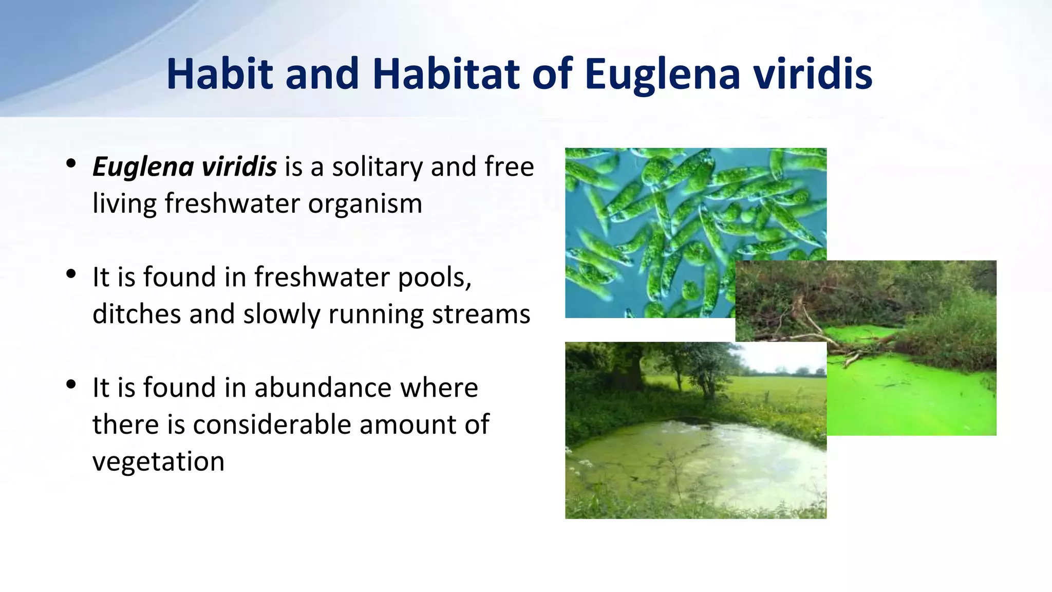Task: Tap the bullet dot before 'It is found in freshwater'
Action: [x=71, y=273]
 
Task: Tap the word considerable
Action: [x=272, y=424]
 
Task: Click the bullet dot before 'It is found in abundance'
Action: [x=71, y=384]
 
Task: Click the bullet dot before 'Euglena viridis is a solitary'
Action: [x=71, y=163]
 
